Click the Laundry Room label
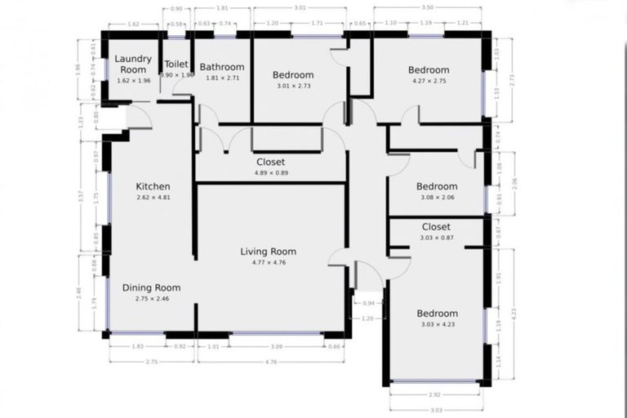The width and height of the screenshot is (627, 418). click(131, 64)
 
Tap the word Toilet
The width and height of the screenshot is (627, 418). click(177, 64)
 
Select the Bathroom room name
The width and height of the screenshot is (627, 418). click(222, 67)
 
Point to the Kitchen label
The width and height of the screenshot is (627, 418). click(153, 186)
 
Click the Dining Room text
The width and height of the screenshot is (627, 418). click(151, 287)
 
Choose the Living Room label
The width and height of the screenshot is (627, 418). click(268, 251)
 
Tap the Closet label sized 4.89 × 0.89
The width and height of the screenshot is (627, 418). click(270, 162)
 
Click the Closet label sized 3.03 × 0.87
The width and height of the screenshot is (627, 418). click(436, 227)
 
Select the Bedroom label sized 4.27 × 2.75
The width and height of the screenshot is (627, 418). click(429, 70)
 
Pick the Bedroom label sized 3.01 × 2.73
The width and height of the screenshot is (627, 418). click(293, 75)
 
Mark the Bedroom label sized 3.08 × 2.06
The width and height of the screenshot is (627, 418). click(437, 186)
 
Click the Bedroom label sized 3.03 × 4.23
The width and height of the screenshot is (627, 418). click(437, 313)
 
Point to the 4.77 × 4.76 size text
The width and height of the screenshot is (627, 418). click(268, 262)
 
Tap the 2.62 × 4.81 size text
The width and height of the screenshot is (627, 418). click(153, 197)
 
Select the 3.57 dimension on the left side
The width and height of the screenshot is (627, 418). click(82, 196)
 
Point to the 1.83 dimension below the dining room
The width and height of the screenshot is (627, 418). click(137, 346)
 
